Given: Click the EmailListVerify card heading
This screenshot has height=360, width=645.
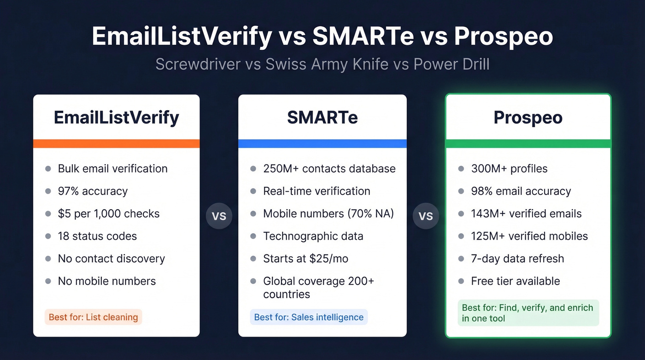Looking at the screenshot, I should pos(116,118).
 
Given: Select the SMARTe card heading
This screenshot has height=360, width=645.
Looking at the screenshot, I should pos(322,118).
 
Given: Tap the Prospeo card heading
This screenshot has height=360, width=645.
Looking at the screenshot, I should pos(528,118).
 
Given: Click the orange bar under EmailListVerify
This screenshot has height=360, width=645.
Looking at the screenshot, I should pos(116,143).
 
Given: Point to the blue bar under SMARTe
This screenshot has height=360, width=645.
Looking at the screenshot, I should pos(322,143).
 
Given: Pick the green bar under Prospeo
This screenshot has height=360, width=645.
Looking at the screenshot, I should pos(528,143).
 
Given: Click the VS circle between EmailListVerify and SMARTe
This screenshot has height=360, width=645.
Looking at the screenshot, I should pos(219,216).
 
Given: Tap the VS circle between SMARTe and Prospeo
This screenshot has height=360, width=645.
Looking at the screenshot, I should pos(426,216).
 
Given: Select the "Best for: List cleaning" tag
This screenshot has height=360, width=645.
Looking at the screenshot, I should pos(94,317).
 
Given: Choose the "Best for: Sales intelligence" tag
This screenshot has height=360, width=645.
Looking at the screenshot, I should pos(309,317).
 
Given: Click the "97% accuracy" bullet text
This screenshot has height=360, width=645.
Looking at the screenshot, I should pos(93,191).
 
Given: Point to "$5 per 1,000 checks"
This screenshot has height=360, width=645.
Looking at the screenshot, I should pos(109,214).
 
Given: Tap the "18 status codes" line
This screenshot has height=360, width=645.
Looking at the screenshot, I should pos(97,236).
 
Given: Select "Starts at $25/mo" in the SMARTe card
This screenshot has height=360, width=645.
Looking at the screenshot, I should pos(305,259).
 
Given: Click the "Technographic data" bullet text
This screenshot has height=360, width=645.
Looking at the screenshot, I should pos(313,236).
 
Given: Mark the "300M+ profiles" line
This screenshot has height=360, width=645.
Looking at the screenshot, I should pos(509,169).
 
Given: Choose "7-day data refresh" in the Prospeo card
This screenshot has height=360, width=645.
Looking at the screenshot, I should pos(517,259).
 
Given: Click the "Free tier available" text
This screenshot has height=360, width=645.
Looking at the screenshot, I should pos(516,281).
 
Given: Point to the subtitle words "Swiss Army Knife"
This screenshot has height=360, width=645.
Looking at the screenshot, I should pos(327,64).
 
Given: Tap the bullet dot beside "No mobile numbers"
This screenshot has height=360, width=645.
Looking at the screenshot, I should pos(48,281).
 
